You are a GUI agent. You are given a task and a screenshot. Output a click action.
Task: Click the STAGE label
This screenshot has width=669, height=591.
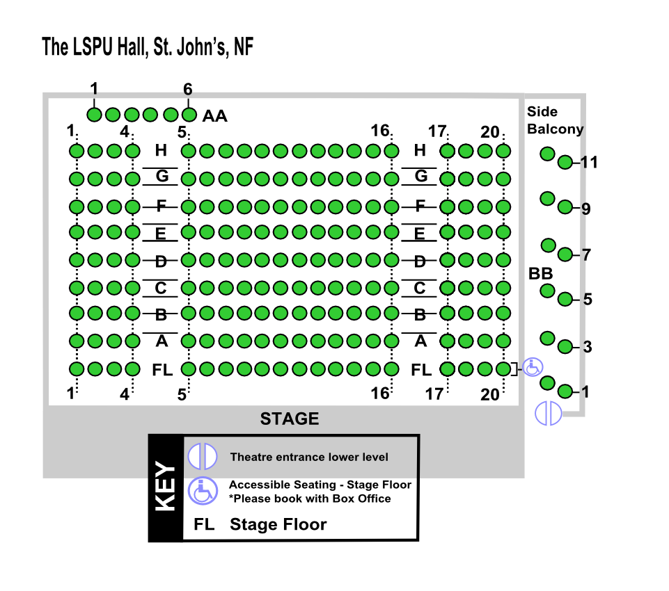point(290,419)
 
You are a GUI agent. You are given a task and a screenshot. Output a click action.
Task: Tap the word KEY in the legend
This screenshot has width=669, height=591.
point(165,486)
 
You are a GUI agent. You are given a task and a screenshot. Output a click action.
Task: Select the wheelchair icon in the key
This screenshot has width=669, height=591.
point(203,491)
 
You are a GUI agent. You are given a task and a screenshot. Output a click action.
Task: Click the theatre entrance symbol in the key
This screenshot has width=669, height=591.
point(203,456)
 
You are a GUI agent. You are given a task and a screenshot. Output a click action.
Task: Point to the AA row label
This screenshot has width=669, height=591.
point(214,116)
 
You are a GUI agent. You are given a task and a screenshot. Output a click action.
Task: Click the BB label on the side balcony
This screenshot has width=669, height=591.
point(541,273)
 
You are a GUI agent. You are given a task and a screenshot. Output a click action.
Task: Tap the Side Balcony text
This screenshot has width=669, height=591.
point(555,120)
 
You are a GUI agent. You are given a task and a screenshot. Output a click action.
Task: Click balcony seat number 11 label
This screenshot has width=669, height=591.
point(589,162)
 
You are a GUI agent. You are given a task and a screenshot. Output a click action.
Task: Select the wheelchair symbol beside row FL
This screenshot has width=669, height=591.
point(533,367)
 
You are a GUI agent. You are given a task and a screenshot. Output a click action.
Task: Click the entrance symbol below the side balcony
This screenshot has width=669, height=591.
point(549,413)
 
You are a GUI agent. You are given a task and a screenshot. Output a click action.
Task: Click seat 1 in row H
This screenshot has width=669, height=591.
point(77,151)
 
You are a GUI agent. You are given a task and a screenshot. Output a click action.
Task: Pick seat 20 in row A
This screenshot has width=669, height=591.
point(503,341)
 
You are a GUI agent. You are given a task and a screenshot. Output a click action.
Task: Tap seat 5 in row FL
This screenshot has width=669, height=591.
point(189,369)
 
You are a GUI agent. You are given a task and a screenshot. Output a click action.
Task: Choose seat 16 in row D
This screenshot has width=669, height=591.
point(391,260)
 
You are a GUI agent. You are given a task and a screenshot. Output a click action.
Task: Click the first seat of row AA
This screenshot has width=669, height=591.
point(94,115)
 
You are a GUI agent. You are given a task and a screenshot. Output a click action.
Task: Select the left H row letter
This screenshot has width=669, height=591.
point(161,150)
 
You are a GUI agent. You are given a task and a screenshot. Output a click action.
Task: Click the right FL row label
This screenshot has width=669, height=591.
point(421,370)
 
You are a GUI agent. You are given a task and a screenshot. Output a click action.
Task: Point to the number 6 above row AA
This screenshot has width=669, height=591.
point(188,89)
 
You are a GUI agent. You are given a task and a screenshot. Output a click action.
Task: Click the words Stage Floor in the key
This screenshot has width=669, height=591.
point(278,524)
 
